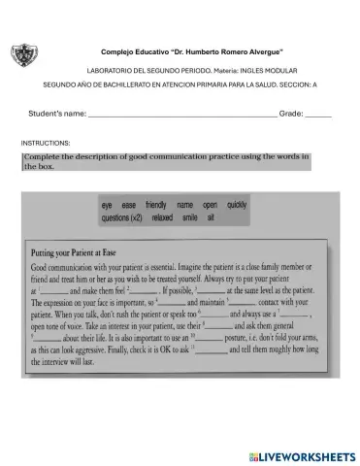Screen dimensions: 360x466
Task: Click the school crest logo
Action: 24,55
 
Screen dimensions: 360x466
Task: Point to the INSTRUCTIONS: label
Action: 46,143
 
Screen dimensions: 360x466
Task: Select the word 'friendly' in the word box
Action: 156,207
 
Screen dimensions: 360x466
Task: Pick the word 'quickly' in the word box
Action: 237,207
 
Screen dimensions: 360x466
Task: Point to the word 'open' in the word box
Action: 211,207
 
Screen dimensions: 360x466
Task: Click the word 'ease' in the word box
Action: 129,207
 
